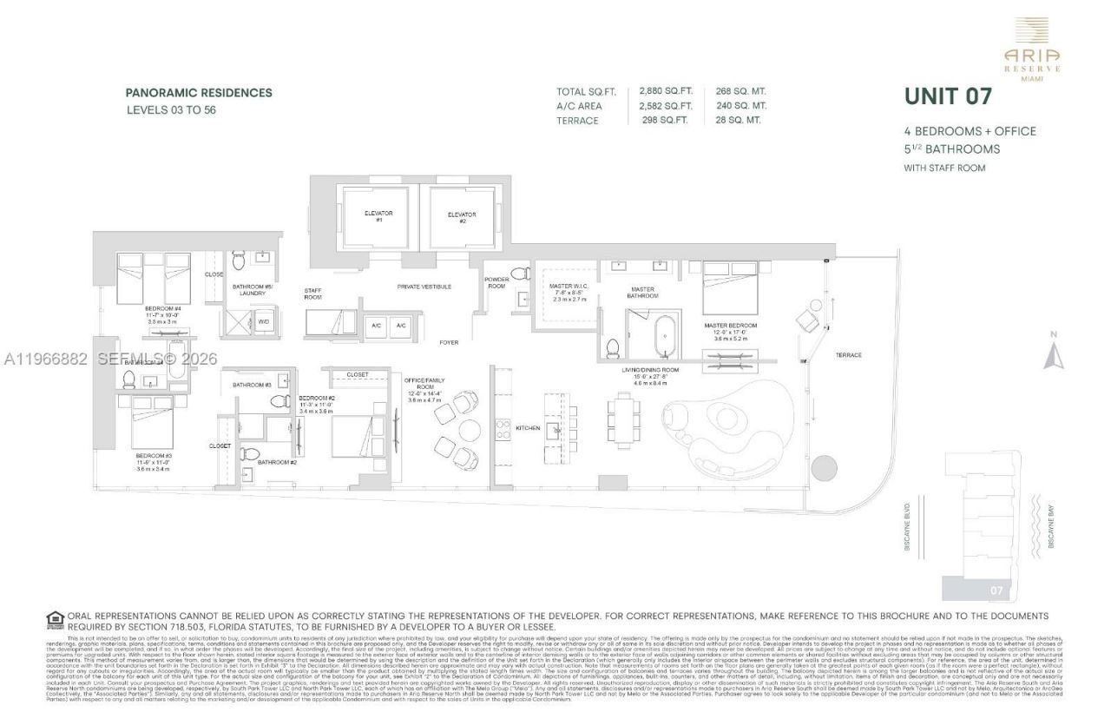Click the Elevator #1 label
coord(378,215)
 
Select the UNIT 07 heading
coord(948,96)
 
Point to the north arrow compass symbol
coord(1054,353)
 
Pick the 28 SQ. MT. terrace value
coord(738,121)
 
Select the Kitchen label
coord(528,428)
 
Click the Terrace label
coord(848,355)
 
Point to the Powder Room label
coord(496,282)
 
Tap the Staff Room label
coord(312,294)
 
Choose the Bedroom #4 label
coord(164,309)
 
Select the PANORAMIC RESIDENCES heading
coord(199,93)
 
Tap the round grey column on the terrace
coord(821,468)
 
